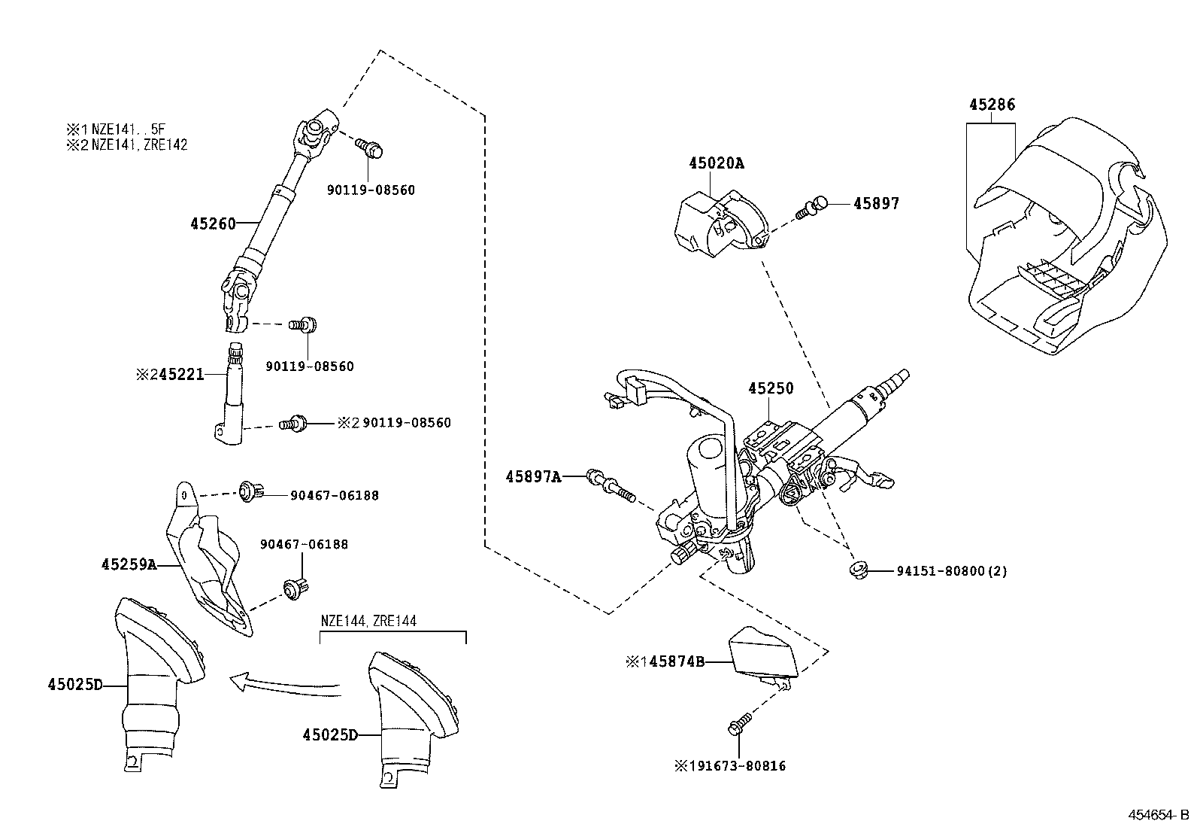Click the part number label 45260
pos(212,223)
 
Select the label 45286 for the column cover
pos(991,105)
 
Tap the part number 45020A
pos(716,163)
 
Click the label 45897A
pos(533,476)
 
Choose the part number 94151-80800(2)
pos(951,571)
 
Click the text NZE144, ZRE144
pos(368,622)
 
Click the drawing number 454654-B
pos(1156,815)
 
